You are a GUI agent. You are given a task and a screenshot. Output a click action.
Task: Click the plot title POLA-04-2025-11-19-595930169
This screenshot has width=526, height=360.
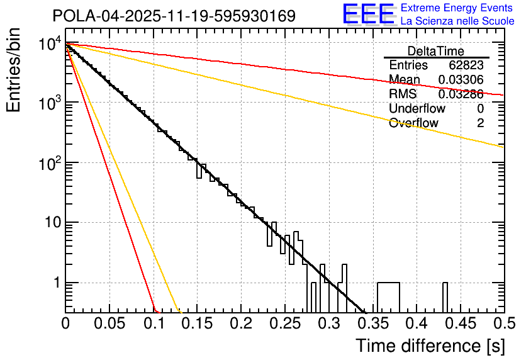pos(174,16)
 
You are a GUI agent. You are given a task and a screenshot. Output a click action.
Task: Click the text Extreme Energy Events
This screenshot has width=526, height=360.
pos(457,8)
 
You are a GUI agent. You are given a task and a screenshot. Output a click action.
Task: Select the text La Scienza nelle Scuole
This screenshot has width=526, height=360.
pos(457,21)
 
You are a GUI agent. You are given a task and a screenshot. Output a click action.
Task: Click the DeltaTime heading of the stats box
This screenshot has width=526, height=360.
pos(436,51)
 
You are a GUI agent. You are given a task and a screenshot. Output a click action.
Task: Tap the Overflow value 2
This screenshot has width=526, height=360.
pos(480,123)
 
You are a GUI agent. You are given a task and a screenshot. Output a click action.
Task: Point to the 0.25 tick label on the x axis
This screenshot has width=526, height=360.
pos(284,323)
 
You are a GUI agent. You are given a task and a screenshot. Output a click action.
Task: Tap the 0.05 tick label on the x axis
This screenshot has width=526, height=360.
pos(109,323)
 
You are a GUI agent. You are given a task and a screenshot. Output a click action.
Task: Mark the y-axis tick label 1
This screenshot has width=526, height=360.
pos(55,283)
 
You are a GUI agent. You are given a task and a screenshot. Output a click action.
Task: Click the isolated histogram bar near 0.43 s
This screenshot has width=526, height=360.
pos(445,297)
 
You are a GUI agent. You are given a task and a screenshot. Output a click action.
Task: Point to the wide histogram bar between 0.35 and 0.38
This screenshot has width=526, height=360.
pos(388,297)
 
